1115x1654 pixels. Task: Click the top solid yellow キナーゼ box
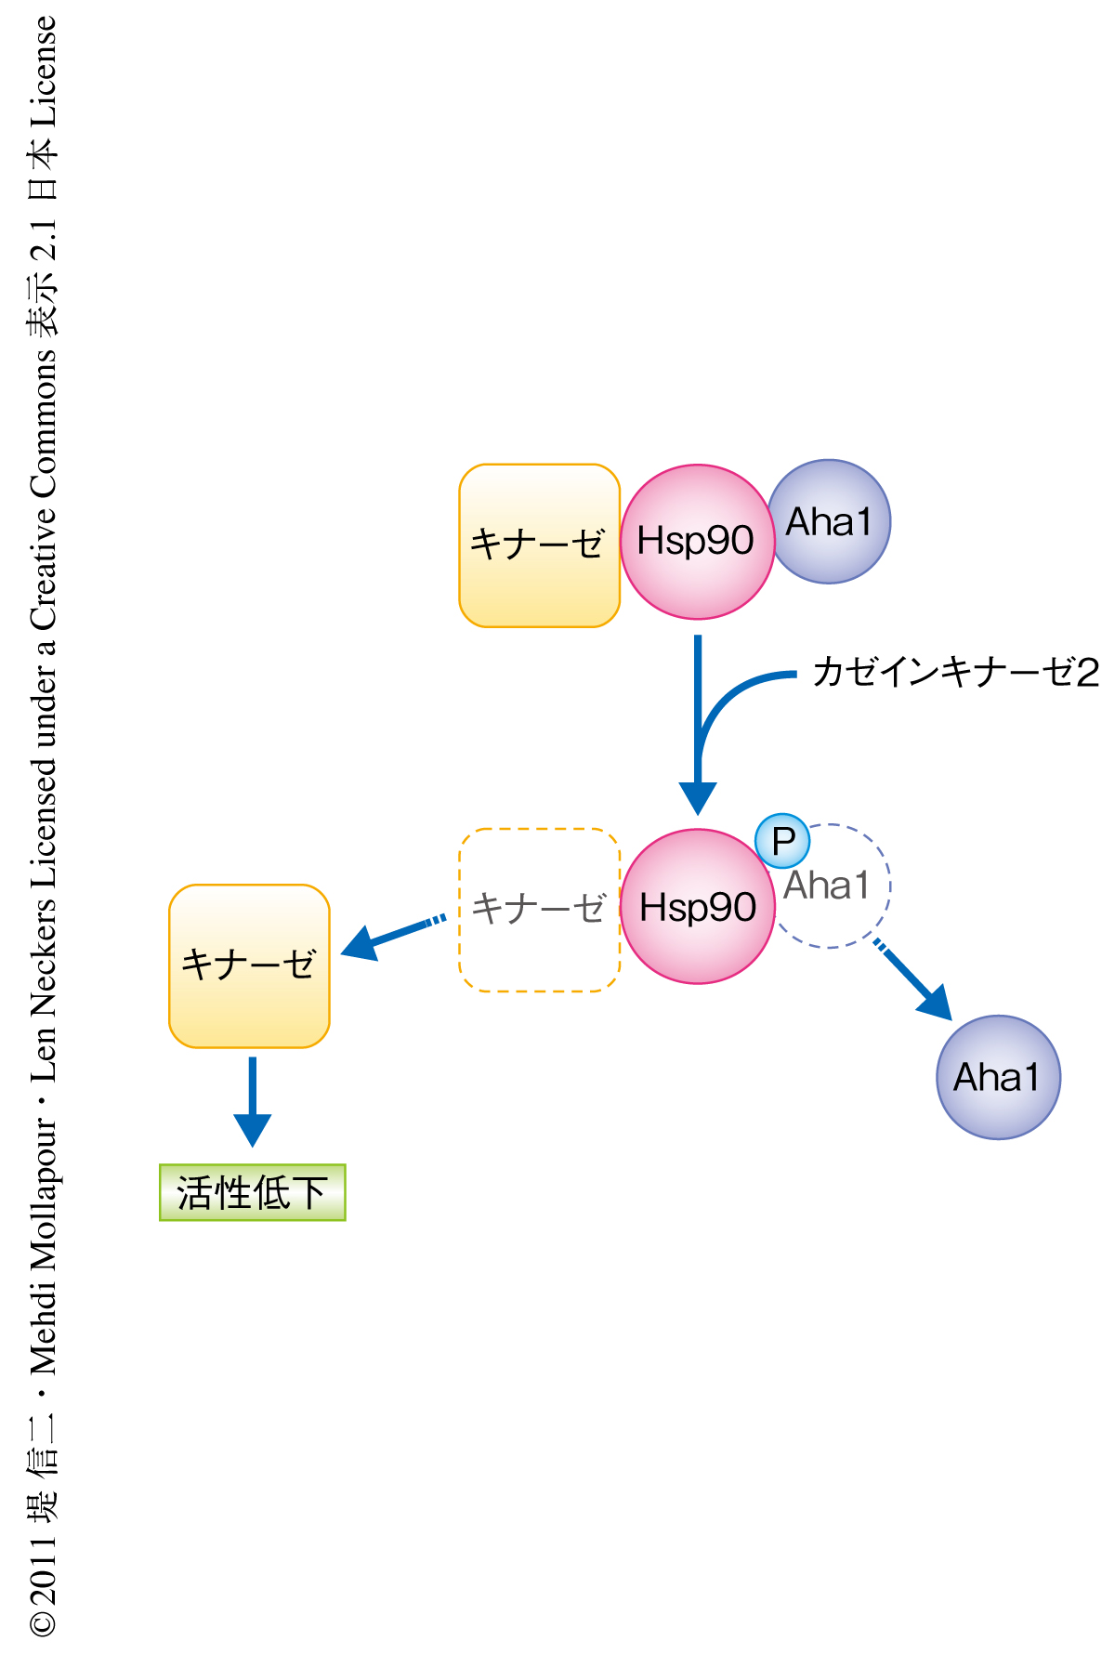point(539,545)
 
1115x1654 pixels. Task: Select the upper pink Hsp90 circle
point(697,542)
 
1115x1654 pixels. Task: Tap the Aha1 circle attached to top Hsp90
point(830,521)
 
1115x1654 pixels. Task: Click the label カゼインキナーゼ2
point(955,672)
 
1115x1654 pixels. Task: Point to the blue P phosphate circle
point(782,841)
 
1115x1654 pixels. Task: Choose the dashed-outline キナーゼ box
point(539,910)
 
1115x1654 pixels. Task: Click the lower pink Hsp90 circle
point(697,907)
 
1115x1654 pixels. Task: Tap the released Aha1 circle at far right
point(998,1077)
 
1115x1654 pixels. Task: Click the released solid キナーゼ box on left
point(249,965)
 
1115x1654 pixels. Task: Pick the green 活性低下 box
point(252,1192)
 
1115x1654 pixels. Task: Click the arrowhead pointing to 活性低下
point(252,1128)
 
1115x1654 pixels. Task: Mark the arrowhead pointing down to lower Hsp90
point(698,797)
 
